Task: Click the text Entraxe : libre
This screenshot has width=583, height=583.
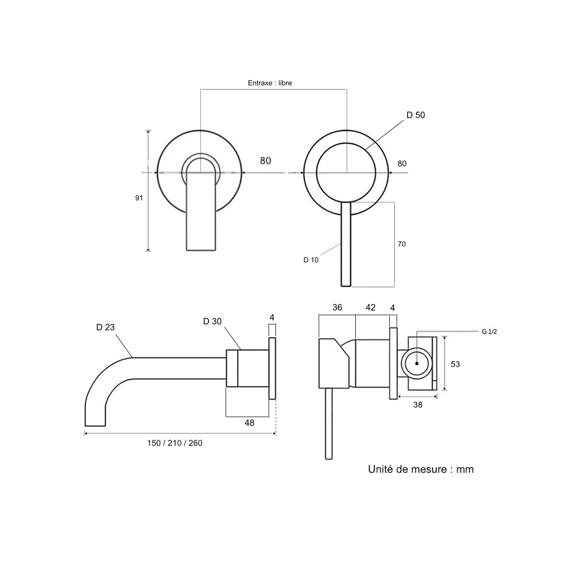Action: click(x=270, y=83)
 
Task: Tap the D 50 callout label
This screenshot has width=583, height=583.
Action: click(x=416, y=115)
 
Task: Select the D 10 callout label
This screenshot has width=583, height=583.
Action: click(x=311, y=260)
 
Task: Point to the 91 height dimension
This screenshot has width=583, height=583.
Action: click(x=139, y=198)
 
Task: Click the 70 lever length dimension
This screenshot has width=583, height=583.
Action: click(x=402, y=244)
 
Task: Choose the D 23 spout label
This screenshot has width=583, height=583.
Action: click(x=106, y=327)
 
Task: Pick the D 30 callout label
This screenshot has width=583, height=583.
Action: click(x=212, y=321)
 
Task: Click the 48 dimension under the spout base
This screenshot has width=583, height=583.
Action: click(x=249, y=423)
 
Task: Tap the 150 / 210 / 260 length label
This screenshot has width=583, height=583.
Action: click(x=175, y=443)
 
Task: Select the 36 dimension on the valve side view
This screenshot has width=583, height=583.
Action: click(x=337, y=307)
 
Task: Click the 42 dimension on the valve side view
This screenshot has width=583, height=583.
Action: click(x=371, y=307)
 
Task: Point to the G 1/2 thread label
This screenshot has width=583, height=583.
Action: click(x=489, y=331)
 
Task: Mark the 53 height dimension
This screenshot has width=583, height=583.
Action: click(x=455, y=364)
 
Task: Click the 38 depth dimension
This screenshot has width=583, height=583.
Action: click(x=418, y=405)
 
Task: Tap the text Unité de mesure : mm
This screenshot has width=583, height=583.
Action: click(x=421, y=469)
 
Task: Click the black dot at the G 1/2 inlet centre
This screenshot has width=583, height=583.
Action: click(x=417, y=363)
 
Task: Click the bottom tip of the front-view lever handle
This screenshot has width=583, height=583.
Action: click(x=346, y=286)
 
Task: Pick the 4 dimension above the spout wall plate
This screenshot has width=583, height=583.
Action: click(x=272, y=317)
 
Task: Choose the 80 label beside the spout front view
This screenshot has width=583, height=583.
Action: click(x=266, y=161)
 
